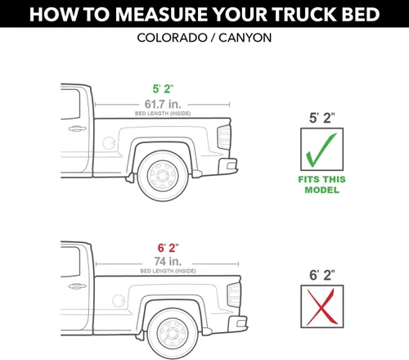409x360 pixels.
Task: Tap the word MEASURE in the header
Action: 162,14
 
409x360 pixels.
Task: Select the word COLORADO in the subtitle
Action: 172,38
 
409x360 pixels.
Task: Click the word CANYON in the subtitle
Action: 245,38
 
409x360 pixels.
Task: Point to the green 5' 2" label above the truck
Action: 163,89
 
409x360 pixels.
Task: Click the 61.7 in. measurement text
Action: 163,104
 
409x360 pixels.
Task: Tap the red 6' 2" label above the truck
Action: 168,248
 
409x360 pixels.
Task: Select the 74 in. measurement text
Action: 168,261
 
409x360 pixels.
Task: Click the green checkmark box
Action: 321,149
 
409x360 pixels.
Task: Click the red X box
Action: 322,306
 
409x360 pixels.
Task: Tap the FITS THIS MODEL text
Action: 321,185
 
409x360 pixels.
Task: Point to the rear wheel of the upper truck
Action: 163,176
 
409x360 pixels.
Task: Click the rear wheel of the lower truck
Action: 173,334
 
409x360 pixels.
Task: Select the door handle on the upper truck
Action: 77,128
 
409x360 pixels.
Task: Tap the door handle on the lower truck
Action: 77,286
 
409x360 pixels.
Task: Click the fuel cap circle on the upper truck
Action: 109,143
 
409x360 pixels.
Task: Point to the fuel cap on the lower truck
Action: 119,301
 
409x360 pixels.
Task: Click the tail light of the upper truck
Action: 224,137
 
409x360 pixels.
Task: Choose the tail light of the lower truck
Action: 234,295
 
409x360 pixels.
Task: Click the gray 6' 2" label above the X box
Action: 322,275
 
